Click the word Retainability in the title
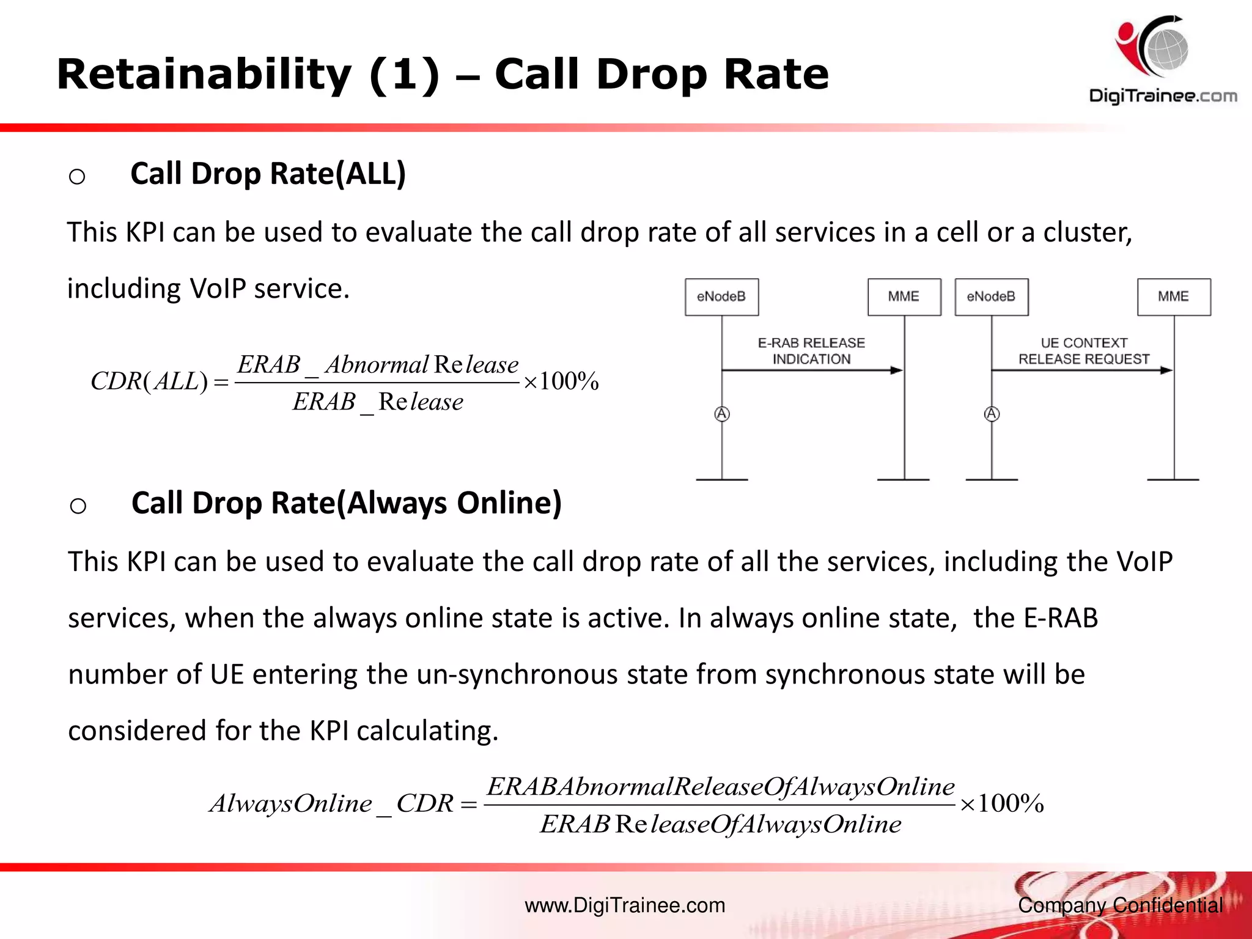pos(204,75)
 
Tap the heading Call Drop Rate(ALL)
pos(268,174)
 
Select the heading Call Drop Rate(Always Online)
pos(346,503)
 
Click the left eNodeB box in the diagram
pos(721,297)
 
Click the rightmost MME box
pos(1174,297)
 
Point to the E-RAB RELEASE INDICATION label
pos(811,351)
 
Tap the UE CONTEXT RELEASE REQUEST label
pos(1083,351)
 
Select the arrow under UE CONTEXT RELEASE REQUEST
pos(1082,370)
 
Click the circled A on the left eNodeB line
pos(722,414)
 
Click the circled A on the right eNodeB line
pos(992,414)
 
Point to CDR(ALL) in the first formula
pos(149,381)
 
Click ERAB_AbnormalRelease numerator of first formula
pos(377,365)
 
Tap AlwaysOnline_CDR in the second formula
pos(331,804)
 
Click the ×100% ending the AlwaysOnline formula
pos(1001,804)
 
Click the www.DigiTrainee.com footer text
pos(625,905)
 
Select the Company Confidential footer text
pos(1120,905)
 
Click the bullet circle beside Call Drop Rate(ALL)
pos(77,177)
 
